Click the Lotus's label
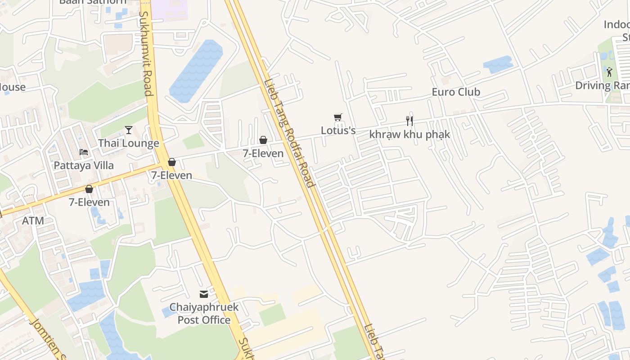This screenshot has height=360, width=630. (338, 130)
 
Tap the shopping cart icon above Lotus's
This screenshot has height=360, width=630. (338, 117)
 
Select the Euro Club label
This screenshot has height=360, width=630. (456, 92)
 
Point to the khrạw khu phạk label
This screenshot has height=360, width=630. (409, 134)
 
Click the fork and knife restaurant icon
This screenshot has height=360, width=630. (409, 121)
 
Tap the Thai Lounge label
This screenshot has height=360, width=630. (129, 143)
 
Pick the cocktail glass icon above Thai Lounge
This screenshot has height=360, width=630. (129, 130)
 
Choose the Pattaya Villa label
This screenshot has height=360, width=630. (84, 165)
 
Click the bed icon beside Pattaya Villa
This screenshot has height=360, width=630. (84, 152)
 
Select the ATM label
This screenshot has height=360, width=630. (33, 220)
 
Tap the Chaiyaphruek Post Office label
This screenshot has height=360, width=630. (204, 314)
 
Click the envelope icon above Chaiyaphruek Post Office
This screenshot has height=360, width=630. (204, 294)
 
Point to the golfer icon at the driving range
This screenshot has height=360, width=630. (609, 72)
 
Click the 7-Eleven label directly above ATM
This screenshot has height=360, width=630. (89, 202)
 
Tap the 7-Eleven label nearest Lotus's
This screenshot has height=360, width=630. (263, 153)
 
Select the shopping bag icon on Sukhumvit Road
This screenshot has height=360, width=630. (172, 162)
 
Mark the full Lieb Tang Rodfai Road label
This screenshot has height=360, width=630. (289, 133)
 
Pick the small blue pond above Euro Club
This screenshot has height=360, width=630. (498, 64)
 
